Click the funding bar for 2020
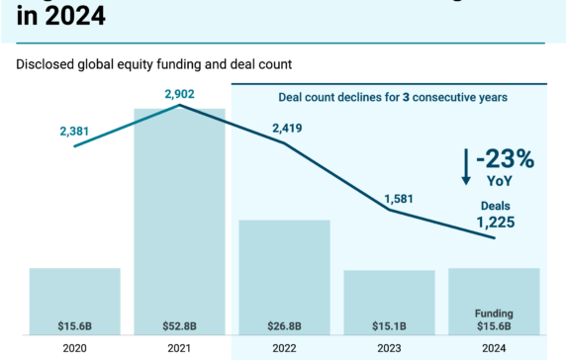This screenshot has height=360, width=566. pos(74,297)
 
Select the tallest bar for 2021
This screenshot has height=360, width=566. pos(179,218)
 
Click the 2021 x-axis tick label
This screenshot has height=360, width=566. pos(179,348)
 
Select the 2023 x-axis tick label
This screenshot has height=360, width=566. pos(389,348)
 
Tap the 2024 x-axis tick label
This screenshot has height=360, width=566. pos(494,348)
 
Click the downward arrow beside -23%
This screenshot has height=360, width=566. pos(466,168)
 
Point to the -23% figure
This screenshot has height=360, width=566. pos(506,159)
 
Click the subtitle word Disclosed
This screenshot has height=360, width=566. pos(44,65)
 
